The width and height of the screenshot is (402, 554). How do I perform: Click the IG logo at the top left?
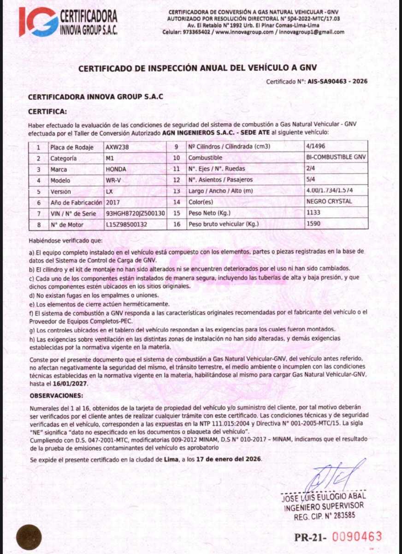pos(38,22)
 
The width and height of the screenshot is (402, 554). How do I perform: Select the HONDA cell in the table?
pos(116,169)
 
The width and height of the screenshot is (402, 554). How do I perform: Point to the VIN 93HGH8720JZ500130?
pos(136,214)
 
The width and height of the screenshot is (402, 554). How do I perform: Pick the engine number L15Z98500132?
pos(126,225)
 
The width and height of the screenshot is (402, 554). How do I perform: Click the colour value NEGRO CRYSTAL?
pos(329,202)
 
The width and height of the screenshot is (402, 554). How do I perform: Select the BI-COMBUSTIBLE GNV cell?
pos(336,157)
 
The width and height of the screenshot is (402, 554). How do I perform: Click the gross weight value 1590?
pos(313,224)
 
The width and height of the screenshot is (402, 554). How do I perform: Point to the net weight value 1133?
pos(313,213)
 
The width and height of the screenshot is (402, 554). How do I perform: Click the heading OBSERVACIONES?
pos(57,396)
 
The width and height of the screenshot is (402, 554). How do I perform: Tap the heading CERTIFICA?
pos(47,111)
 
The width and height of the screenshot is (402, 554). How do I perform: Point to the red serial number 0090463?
pos(357,536)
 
